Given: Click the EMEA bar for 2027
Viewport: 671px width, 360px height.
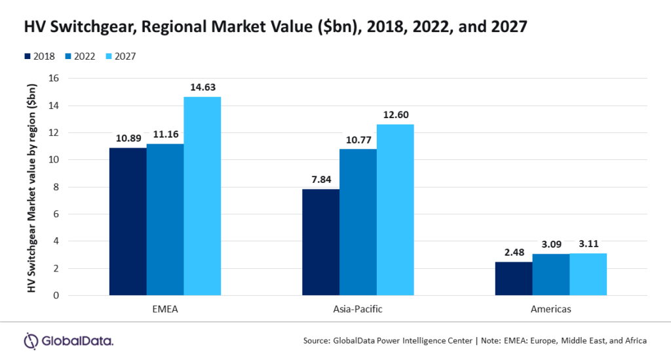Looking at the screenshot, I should pos(202,196).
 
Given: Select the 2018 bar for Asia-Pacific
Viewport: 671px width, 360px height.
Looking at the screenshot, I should pos(320,242).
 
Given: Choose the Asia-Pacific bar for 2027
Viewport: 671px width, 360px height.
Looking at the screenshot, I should pos(395,210).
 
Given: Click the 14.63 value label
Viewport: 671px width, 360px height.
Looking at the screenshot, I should pos(202,86).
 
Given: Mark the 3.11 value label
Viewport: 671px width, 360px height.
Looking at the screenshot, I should pos(588,243).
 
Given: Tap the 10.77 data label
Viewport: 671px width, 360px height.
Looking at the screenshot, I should pos(358,138).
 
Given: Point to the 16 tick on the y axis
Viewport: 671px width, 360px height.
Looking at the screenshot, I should pos(54,78).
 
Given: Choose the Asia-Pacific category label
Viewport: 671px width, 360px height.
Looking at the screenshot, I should pos(358,309).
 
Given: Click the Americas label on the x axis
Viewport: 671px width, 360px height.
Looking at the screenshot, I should pos(550,309).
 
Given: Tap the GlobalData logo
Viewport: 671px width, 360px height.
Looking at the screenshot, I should pos(69,340).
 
